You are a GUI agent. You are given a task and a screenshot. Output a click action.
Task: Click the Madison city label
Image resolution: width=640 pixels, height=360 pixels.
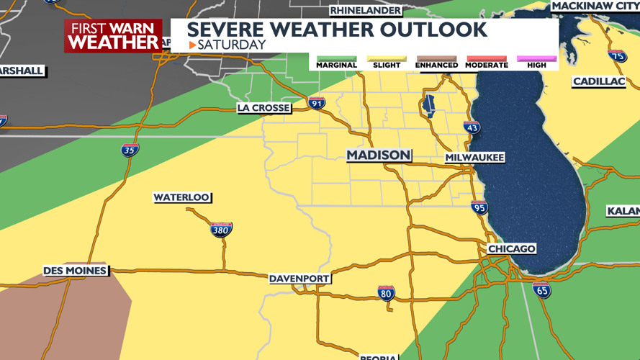[379, 156]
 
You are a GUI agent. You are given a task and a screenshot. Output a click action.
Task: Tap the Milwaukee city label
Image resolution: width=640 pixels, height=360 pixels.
[474, 157]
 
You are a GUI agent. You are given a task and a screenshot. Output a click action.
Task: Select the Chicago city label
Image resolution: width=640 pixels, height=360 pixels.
[511, 248]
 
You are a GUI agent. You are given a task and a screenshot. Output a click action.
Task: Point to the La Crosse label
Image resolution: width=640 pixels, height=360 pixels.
[263, 108]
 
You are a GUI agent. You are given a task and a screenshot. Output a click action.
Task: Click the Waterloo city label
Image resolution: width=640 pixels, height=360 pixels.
[181, 197]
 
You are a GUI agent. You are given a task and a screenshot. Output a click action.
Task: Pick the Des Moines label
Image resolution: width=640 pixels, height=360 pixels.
[75, 271]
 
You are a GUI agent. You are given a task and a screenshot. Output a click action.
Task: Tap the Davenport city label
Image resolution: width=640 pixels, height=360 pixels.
[299, 279]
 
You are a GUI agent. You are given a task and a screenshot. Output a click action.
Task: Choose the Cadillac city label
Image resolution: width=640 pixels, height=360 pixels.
[598, 81]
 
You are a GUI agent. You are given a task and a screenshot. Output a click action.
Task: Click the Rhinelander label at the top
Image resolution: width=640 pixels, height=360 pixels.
[365, 10]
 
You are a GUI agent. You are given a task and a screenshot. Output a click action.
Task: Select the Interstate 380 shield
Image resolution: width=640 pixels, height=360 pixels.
[221, 230]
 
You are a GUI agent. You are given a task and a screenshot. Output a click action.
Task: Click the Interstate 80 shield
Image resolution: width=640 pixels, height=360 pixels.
[386, 293]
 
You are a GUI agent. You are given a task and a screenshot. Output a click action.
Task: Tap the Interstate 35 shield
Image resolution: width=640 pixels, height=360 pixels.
[130, 150]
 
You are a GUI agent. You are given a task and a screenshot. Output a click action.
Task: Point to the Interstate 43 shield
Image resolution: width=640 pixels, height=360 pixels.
[472, 128]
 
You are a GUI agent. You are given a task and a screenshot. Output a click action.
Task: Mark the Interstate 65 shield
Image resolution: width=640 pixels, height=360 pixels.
[542, 290]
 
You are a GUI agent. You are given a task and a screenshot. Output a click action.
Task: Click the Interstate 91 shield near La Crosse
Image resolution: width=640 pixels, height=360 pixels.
[317, 104]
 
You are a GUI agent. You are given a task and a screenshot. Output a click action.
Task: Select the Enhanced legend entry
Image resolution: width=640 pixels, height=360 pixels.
[436, 62]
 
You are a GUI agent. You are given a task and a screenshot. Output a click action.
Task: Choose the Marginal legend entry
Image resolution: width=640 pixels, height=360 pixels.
[336, 62]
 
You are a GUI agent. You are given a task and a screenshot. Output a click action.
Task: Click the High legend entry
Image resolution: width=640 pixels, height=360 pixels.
[536, 62]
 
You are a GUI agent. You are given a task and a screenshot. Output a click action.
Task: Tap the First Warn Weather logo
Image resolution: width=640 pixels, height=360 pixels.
[114, 36]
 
